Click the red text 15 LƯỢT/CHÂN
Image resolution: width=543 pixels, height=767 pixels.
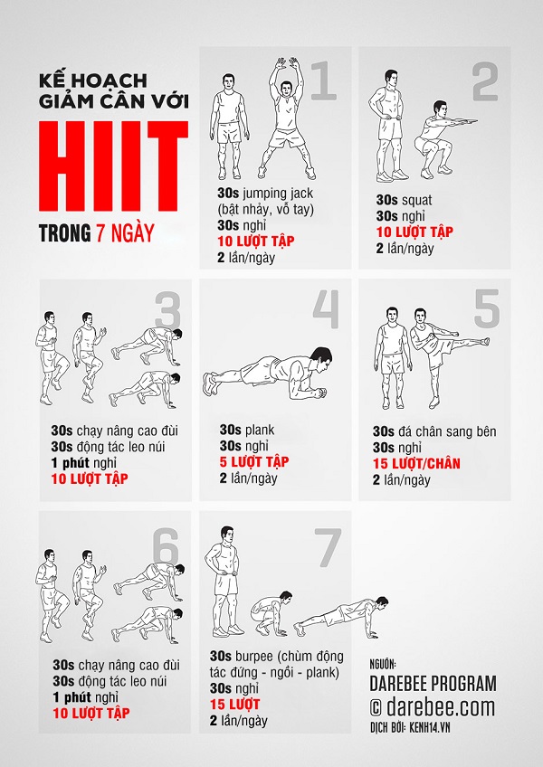(x=419, y=463)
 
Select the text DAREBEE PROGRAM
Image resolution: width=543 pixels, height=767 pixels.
(x=433, y=683)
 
